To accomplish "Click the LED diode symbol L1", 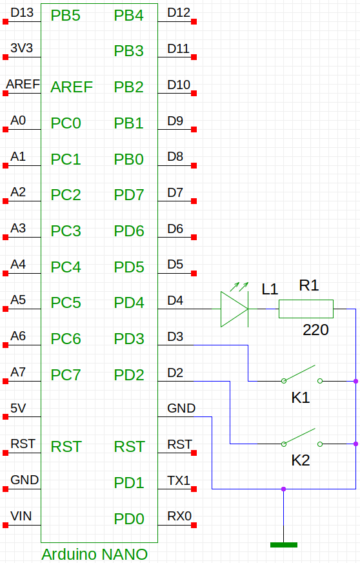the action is click(234, 309).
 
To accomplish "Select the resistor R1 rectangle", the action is click(306, 309).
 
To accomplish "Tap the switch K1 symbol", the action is click(301, 375).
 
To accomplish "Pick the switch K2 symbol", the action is click(301, 438).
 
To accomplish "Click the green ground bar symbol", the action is click(284, 545).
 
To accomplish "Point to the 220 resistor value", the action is click(315, 330).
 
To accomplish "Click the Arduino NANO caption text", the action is click(94, 555).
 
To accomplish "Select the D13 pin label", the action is click(22, 12).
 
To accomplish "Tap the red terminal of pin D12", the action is click(194, 21).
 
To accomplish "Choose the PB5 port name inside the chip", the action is click(65, 15).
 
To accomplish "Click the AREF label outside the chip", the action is click(23, 84).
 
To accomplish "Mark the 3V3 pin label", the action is click(21, 48).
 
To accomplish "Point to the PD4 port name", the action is click(129, 303).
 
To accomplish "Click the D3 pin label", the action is click(175, 336).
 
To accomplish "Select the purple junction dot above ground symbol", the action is click(284, 489).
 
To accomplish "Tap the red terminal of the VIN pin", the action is click(5, 526).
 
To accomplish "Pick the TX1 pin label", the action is click(178, 480).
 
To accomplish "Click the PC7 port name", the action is click(66, 375).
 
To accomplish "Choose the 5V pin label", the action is click(18, 408).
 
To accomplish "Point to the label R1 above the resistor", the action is click(308, 285).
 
